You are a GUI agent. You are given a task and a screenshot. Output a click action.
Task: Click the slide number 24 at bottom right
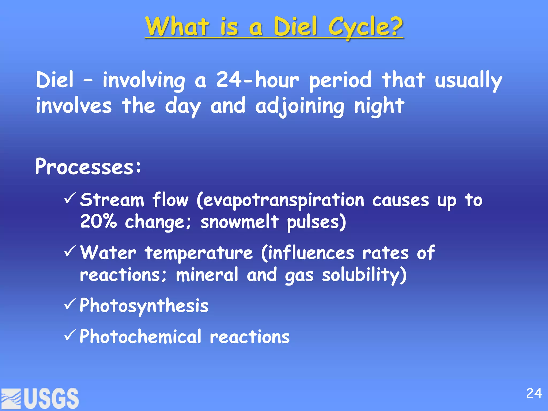(534, 394)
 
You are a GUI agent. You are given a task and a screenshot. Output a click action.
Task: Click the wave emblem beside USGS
(11, 399)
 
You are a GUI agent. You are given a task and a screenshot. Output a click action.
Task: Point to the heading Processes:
(88, 166)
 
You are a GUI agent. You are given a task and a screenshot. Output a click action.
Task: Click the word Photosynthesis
(144, 306)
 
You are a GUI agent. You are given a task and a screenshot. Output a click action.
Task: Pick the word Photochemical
(140, 336)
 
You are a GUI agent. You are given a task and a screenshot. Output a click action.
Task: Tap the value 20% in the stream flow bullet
(98, 221)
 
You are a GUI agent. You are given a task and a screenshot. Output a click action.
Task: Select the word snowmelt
(239, 222)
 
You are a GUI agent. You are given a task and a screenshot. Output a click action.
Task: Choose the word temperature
(199, 253)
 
